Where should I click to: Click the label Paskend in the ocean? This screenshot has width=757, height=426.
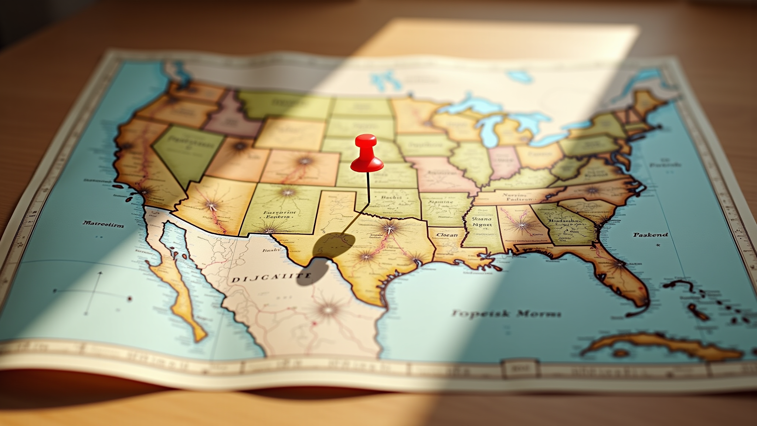pyautogui.click(x=651, y=234)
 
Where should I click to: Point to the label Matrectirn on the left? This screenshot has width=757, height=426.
pyautogui.click(x=103, y=224)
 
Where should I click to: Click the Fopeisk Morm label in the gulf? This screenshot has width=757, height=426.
pyautogui.click(x=506, y=314)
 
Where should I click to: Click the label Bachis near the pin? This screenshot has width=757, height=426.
pyautogui.click(x=391, y=197)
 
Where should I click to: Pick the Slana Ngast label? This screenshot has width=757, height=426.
pyautogui.click(x=482, y=221)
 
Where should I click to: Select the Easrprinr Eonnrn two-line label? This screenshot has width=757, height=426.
pyautogui.click(x=279, y=215)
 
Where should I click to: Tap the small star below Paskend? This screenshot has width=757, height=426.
pyautogui.click(x=658, y=245)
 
